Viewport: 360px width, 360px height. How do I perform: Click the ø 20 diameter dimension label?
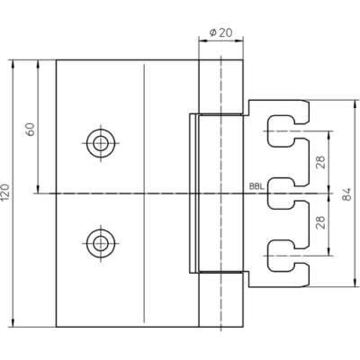[220, 32]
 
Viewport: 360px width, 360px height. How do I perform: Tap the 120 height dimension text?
[6, 193]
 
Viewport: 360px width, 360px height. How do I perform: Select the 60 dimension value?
[31, 129]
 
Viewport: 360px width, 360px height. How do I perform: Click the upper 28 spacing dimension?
[320, 162]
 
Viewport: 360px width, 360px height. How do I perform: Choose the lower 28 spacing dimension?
[320, 222]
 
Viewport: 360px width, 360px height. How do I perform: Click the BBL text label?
[256, 186]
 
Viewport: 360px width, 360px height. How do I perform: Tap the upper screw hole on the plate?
[101, 143]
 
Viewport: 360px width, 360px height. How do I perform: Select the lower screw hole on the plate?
[101, 243]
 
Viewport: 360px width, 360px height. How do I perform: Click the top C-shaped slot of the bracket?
[269, 131]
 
